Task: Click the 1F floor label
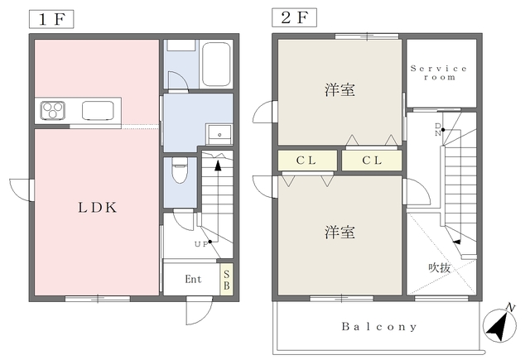click(x=51, y=19)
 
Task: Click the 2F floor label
click(x=294, y=17)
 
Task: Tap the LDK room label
click(x=98, y=208)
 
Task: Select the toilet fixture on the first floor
click(x=179, y=170)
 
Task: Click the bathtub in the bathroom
click(x=216, y=64)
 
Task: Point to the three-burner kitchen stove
click(x=53, y=110)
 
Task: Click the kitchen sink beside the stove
click(x=98, y=110)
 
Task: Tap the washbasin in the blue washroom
click(x=219, y=134)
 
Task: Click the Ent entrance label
click(x=193, y=279)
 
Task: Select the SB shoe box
click(x=226, y=280)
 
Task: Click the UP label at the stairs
click(x=201, y=244)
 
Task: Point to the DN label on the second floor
click(x=438, y=130)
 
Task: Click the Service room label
click(x=439, y=73)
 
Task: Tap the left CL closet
click(x=307, y=161)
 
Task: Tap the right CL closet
click(x=372, y=161)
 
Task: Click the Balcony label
click(x=379, y=327)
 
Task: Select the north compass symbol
click(x=499, y=325)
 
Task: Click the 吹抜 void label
click(x=440, y=268)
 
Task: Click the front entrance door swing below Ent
click(x=200, y=310)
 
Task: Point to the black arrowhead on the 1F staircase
click(x=218, y=166)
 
